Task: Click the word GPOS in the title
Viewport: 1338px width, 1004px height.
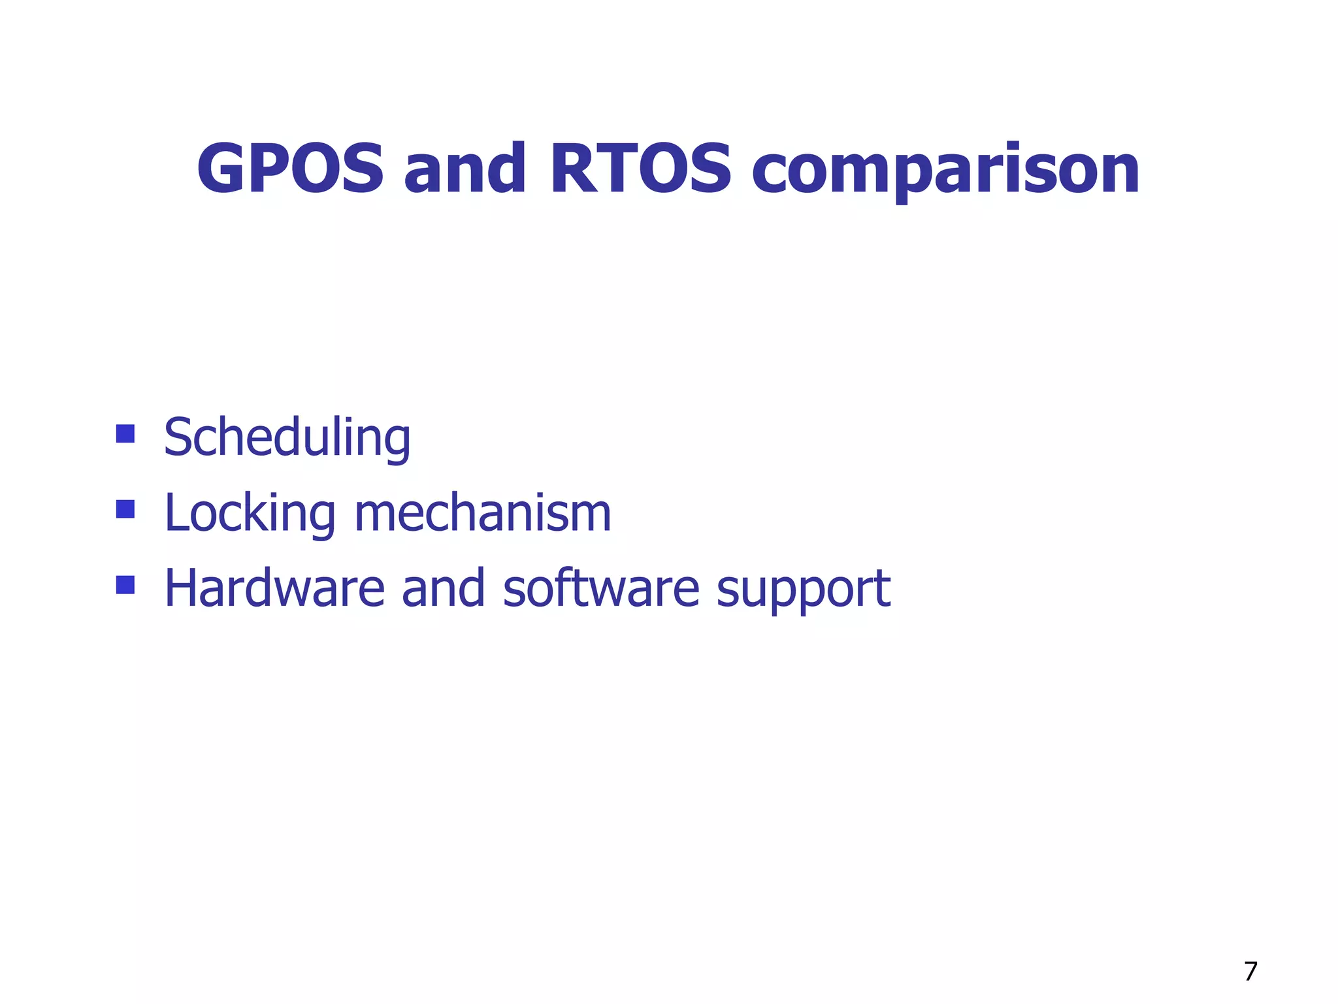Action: coord(290,169)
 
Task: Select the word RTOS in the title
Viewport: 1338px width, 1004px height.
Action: coord(640,169)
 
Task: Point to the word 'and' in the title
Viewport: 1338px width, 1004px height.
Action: coord(465,169)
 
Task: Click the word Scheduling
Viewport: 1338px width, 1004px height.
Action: coord(287,438)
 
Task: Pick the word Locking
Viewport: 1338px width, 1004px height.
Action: coord(250,514)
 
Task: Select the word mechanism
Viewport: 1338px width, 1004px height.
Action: coord(483,513)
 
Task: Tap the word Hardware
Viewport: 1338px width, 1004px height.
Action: coord(274,588)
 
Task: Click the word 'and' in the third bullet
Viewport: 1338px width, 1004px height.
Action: coord(443,588)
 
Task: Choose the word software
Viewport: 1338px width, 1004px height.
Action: coord(601,588)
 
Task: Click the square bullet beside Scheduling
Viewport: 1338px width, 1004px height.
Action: coord(125,434)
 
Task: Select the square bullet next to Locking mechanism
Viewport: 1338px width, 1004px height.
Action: coord(125,509)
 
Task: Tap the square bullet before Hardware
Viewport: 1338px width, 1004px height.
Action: coord(125,584)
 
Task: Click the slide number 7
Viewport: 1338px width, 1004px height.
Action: coord(1250,971)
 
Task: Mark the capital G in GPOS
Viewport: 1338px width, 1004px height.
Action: coord(223,169)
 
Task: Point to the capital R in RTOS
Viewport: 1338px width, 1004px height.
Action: coord(576,169)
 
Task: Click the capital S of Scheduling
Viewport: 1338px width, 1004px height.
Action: coord(178,437)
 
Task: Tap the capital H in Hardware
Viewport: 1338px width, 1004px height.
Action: coord(180,588)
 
